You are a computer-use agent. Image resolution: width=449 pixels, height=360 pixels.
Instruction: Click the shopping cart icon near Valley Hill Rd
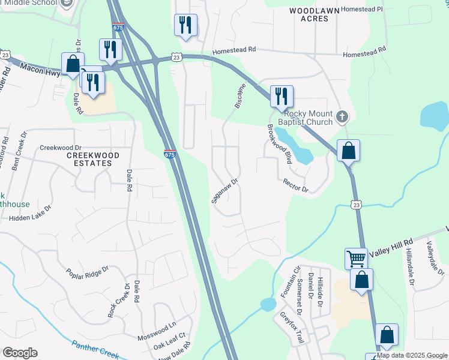[356, 259]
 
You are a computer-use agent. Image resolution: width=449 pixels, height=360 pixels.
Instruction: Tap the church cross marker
[342, 116]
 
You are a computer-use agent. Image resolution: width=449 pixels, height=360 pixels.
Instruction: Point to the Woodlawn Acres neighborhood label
[309, 14]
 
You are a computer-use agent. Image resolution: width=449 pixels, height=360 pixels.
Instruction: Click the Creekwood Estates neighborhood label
[92, 159]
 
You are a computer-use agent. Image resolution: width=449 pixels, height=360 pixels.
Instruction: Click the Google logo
[20, 353]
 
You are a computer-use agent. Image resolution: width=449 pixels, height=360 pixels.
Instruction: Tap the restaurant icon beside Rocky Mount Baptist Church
[281, 96]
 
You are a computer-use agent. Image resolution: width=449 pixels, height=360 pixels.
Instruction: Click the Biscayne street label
[240, 95]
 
